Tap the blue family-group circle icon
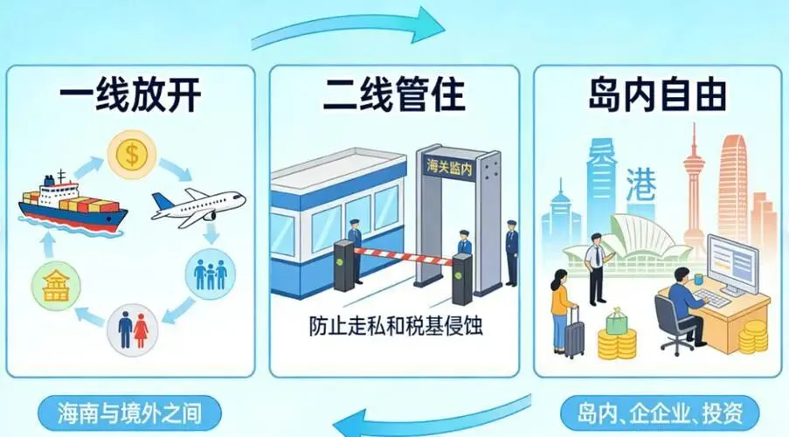(210, 274)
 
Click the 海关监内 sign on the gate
(448, 164)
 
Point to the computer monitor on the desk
(733, 263)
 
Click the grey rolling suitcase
(574, 334)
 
